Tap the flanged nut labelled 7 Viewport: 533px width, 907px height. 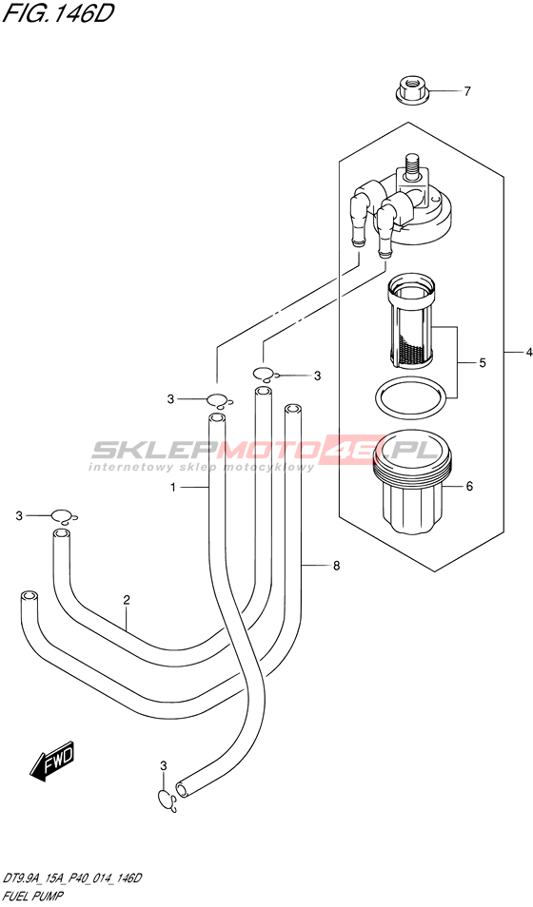click(x=410, y=92)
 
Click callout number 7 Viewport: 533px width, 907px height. click(x=467, y=91)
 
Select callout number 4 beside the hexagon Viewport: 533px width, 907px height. click(x=528, y=352)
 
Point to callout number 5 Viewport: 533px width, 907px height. click(x=482, y=363)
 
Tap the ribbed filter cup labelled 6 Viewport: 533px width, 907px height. click(x=412, y=486)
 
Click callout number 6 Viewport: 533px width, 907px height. click(x=469, y=487)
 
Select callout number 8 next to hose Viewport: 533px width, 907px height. click(x=336, y=566)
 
